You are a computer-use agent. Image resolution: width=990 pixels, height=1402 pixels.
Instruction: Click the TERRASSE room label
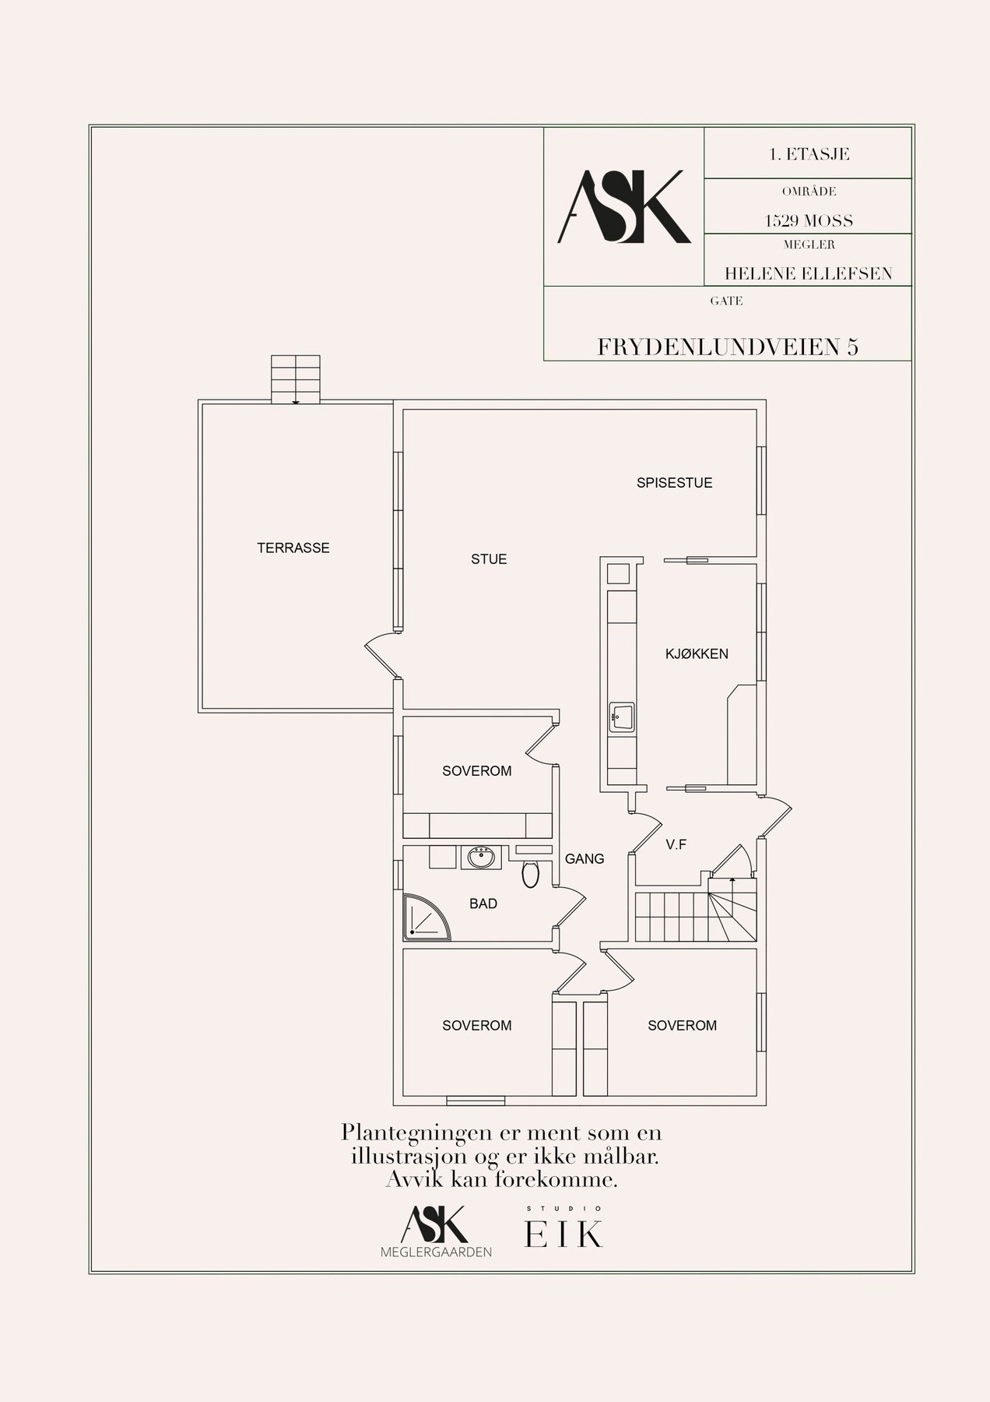pos(293,548)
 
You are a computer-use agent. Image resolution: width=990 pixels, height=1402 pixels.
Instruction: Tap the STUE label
pos(489,559)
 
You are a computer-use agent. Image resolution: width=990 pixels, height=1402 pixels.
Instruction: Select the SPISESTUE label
pos(675,483)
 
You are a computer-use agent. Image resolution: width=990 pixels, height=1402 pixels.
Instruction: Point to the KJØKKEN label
pos(697,654)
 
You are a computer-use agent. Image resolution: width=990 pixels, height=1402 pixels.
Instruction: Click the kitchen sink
pos(622,716)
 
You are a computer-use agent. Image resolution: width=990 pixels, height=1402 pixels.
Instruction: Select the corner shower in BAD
pos(427,916)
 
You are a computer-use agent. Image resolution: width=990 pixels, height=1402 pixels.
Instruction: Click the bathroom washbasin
pos(480,858)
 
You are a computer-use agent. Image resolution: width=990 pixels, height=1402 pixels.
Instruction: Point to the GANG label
pos(585,859)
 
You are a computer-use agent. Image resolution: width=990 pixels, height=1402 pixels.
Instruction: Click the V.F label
pos(676,844)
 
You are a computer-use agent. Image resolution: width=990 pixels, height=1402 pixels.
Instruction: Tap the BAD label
pos(483,904)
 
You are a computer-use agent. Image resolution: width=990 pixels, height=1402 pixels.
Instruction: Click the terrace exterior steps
pos(296,379)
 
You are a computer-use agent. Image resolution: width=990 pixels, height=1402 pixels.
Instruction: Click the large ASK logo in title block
pos(624,207)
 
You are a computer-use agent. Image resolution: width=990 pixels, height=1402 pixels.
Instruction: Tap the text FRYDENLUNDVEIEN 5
pos(728,347)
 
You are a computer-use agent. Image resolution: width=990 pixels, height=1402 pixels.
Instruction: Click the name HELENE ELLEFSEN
pos(809,274)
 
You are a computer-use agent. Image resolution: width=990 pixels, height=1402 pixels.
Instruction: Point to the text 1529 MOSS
pos(809,221)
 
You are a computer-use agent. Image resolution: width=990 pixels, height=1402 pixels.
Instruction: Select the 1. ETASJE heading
pos(809,154)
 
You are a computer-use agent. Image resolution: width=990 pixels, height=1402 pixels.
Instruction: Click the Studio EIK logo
pos(564,1229)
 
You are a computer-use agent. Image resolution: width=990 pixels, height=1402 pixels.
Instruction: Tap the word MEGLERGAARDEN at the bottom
pos(436,1252)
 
